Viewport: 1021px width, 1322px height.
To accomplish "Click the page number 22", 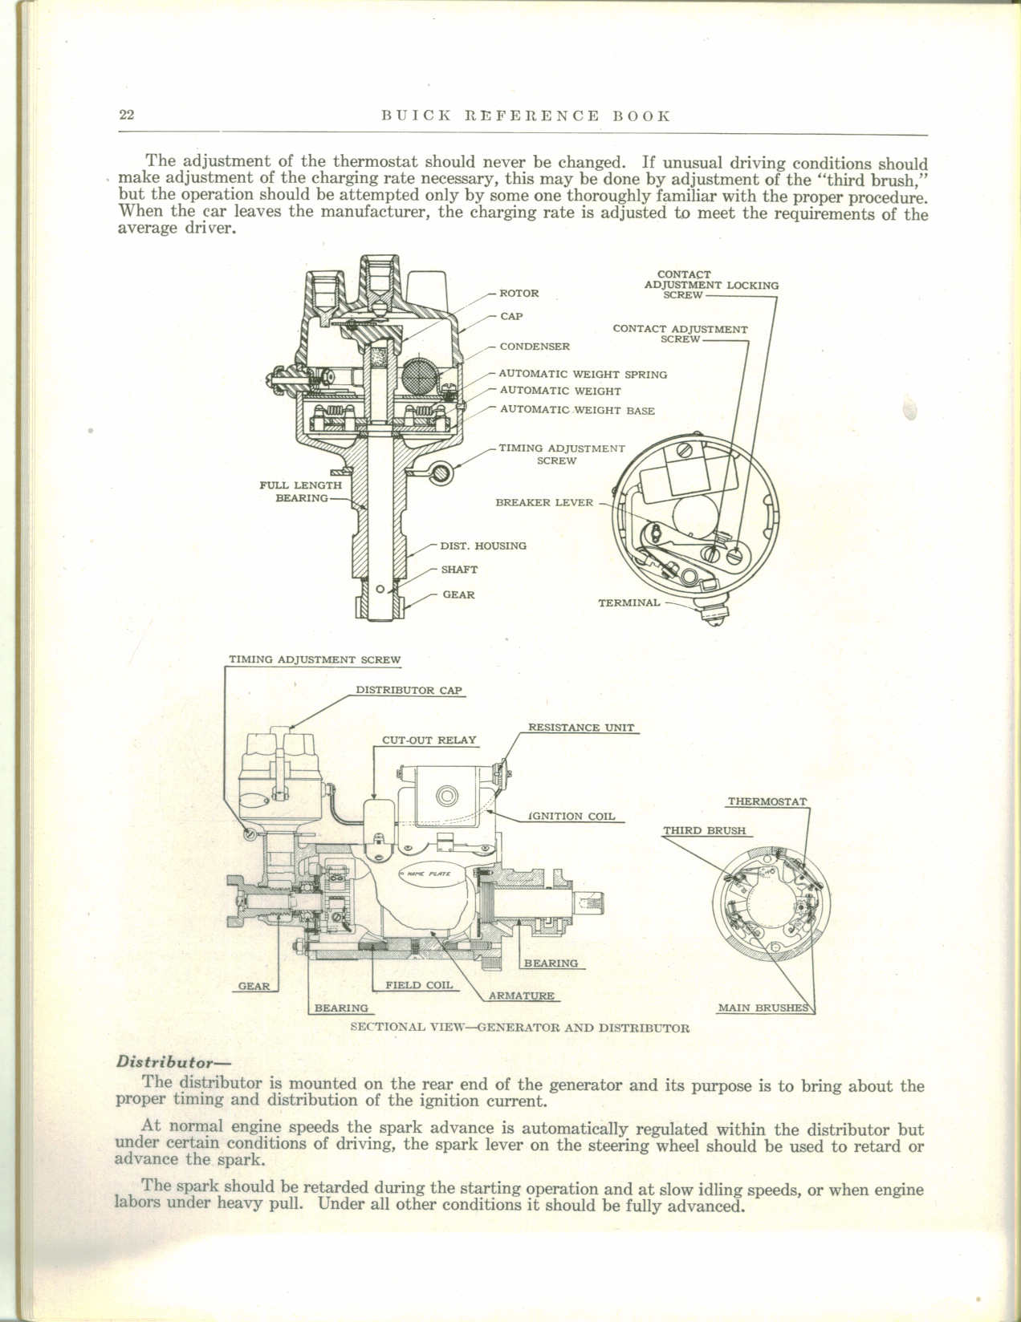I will coord(127,115).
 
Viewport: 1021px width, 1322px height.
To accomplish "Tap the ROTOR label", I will coord(519,294).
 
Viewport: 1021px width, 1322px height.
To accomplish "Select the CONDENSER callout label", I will coord(535,347).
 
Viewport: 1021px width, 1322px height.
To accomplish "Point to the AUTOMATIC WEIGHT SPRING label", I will coord(583,374).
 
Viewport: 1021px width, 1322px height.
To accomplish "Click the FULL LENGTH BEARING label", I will coord(300,492).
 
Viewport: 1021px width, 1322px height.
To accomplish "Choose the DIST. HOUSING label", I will coord(483,545).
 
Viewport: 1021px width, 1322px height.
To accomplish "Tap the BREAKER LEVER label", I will coord(544,503).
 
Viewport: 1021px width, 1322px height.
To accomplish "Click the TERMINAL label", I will coord(628,602).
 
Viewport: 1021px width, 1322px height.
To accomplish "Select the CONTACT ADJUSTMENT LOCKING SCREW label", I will coord(710,285).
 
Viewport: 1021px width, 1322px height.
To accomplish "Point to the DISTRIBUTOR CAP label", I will coord(409,690).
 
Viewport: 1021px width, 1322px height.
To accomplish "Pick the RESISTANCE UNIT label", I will coord(580,728).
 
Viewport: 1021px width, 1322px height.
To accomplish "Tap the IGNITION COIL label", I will coord(572,816).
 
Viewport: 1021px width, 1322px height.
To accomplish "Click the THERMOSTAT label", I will coord(767,801).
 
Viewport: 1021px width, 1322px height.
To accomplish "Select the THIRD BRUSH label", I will coord(704,830).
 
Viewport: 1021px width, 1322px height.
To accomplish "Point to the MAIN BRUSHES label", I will coord(763,1008).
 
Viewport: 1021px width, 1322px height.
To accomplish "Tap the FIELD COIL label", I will coord(419,984).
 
